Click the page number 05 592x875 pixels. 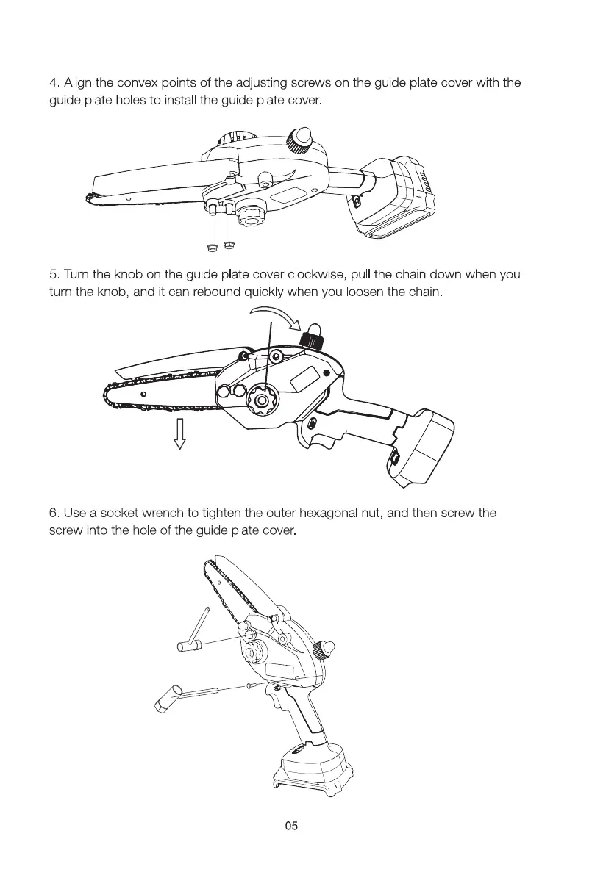(292, 827)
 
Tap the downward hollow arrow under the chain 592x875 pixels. (179, 433)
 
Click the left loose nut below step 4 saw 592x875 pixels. (212, 246)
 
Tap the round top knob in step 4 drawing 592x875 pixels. (302, 138)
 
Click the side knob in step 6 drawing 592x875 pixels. (321, 649)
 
